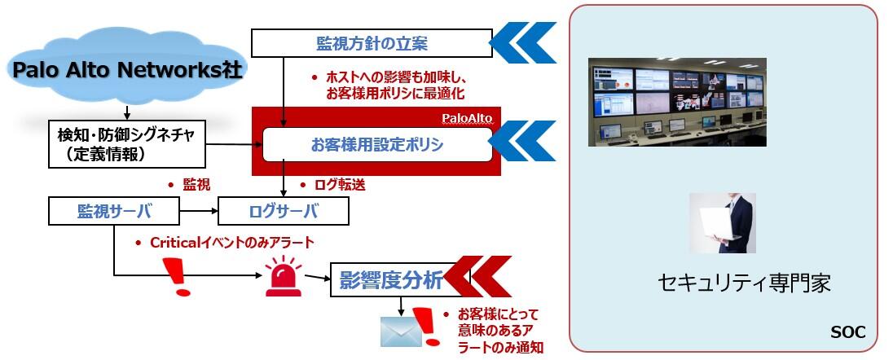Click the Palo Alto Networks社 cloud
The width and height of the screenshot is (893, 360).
point(126,70)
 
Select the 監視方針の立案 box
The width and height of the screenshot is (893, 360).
point(371,42)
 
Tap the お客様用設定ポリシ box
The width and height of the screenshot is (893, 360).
point(376,145)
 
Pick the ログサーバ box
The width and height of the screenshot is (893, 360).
point(283,212)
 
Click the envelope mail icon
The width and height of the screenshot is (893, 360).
point(400,331)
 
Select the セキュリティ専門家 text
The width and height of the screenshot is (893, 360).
point(744,284)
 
